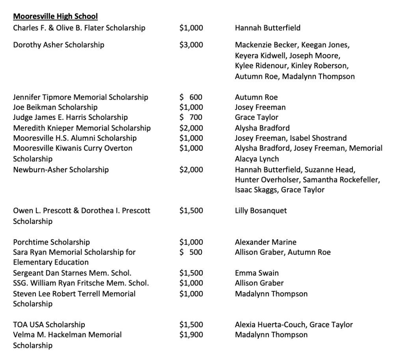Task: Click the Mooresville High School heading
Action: pos(56,17)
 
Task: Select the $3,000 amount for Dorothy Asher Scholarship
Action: pos(191,45)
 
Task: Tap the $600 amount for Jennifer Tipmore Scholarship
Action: pos(191,97)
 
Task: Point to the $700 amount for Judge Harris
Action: pos(191,117)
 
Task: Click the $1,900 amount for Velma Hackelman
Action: pos(191,335)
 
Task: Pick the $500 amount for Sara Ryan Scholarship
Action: pos(191,252)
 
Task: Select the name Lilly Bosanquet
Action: pos(261,211)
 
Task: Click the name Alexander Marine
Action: pos(266,242)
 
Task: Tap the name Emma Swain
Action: pos(257,273)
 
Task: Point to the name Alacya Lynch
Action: pos(257,159)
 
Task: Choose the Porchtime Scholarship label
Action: pos(52,242)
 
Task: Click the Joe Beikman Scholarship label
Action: pos(56,107)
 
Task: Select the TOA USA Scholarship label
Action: pos(49,325)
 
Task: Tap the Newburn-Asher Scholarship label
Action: pos(61,170)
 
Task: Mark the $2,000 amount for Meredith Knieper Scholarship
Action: pos(191,128)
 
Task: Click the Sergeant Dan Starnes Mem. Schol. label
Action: pos(73,273)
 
